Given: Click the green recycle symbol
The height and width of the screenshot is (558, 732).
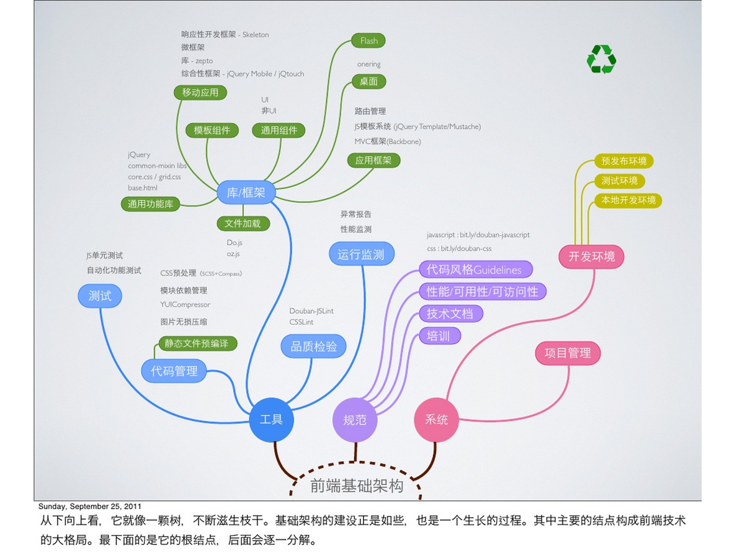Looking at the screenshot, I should pyautogui.click(x=601, y=60).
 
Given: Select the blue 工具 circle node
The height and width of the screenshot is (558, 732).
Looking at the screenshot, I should pyautogui.click(x=271, y=420).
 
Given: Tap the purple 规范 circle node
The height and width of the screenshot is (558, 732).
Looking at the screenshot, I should pyautogui.click(x=355, y=420).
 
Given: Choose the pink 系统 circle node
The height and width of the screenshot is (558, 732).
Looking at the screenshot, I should pyautogui.click(x=436, y=420).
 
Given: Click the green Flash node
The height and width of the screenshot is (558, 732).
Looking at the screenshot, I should pyautogui.click(x=368, y=41).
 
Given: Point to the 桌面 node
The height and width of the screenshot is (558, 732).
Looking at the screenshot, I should pyautogui.click(x=368, y=81).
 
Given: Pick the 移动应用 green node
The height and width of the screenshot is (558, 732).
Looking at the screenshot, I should pyautogui.click(x=200, y=93).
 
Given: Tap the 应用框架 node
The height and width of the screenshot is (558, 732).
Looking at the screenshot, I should pyautogui.click(x=373, y=161).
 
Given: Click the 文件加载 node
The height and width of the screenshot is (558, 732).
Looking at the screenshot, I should pyautogui.click(x=243, y=223).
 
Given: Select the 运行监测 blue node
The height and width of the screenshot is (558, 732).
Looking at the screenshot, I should pyautogui.click(x=361, y=254).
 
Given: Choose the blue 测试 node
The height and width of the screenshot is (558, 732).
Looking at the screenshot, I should pyautogui.click(x=100, y=296).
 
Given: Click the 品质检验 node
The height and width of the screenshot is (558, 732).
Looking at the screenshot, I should pyautogui.click(x=313, y=347).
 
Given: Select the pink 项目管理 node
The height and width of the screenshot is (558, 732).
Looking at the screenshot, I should pyautogui.click(x=568, y=353).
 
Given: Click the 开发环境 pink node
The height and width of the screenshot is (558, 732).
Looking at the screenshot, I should pyautogui.click(x=591, y=256).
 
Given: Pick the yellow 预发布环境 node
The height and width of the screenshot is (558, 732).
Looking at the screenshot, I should pyautogui.click(x=623, y=161).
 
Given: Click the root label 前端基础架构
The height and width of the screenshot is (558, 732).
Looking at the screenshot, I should pyautogui.click(x=357, y=486).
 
